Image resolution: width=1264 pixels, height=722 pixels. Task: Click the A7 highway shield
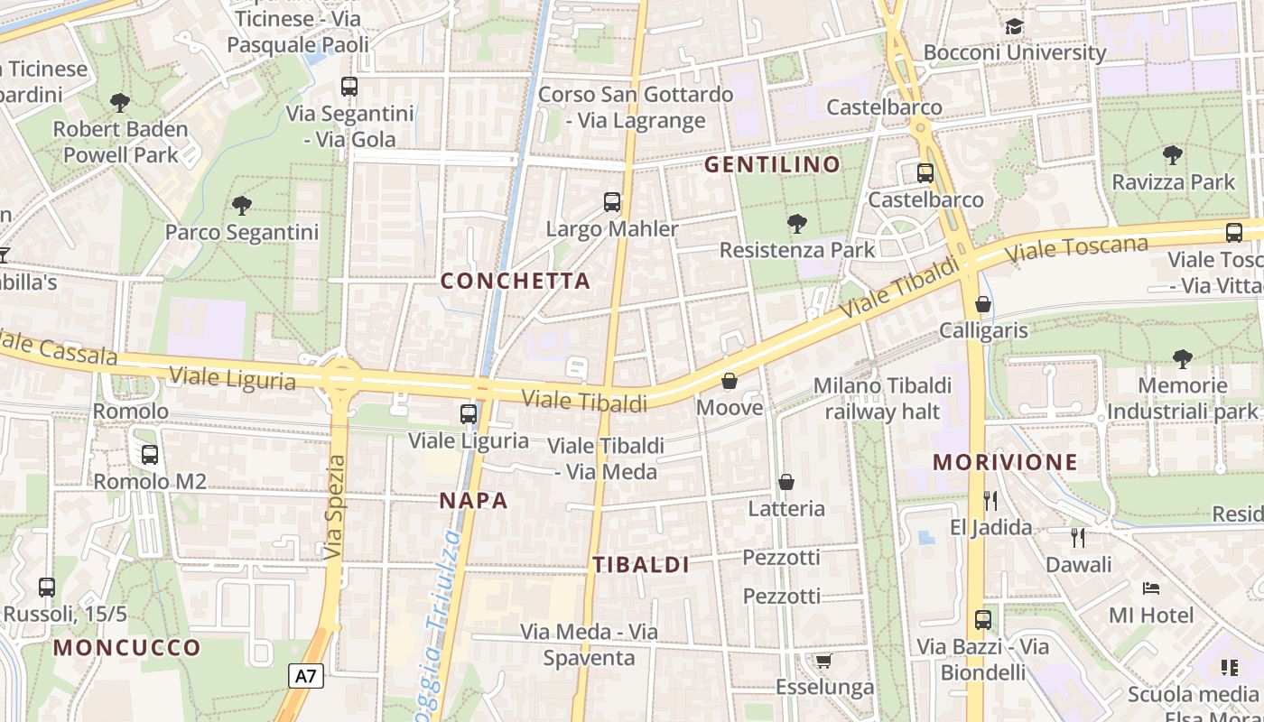pyautogui.click(x=307, y=676)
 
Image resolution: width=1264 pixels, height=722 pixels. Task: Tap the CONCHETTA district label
pyautogui.click(x=516, y=281)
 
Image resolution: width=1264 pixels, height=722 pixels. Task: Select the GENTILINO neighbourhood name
pyautogui.click(x=772, y=164)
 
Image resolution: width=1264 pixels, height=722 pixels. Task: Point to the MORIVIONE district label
pyautogui.click(x=1005, y=463)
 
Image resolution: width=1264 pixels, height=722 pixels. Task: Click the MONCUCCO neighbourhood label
pyautogui.click(x=126, y=647)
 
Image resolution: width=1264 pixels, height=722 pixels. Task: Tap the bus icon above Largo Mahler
pyautogui.click(x=612, y=202)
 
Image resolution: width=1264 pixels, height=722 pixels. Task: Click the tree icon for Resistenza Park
pyautogui.click(x=796, y=223)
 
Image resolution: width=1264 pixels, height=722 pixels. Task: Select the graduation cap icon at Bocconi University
pyautogui.click(x=1014, y=26)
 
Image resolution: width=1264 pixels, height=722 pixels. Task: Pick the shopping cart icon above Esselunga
pyautogui.click(x=823, y=662)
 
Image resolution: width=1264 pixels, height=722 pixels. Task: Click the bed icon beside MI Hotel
pyautogui.click(x=1151, y=588)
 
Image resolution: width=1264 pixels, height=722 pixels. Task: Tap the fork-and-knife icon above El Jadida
pyautogui.click(x=990, y=500)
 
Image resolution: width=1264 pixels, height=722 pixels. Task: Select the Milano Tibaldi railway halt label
pyautogui.click(x=882, y=399)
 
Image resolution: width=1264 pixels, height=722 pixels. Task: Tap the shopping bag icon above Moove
pyautogui.click(x=730, y=382)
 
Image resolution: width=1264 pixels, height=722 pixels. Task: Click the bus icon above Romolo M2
pyautogui.click(x=150, y=455)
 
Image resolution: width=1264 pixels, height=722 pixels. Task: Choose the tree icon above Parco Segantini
pyautogui.click(x=242, y=206)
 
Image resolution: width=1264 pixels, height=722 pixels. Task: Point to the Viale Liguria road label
pyautogui.click(x=232, y=378)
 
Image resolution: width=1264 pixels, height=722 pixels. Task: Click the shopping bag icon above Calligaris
pyautogui.click(x=983, y=304)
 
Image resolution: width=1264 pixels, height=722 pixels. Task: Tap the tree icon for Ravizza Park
pyautogui.click(x=1173, y=155)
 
